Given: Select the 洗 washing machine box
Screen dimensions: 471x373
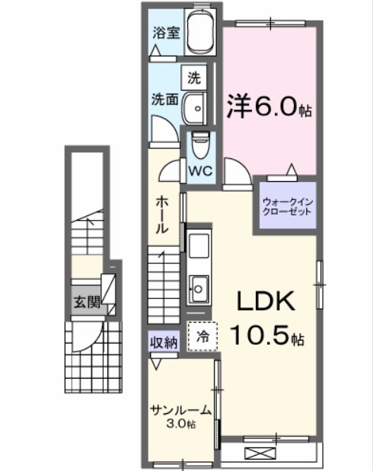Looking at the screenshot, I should coord(194,77).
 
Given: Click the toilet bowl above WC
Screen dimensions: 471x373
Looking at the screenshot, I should coord(200,142).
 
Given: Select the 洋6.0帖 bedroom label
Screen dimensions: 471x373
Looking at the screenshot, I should coord(268,107).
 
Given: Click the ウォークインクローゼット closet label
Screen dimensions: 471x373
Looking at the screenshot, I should coord(286,206).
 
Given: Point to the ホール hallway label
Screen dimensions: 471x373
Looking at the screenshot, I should coord(163,215).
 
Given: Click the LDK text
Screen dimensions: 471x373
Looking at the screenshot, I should coord(267,302).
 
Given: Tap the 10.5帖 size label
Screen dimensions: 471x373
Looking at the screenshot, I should coord(268,336).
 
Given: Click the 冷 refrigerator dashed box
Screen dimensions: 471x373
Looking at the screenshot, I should coord(202,334).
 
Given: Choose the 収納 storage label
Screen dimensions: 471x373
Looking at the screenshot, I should coord(163,342).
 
